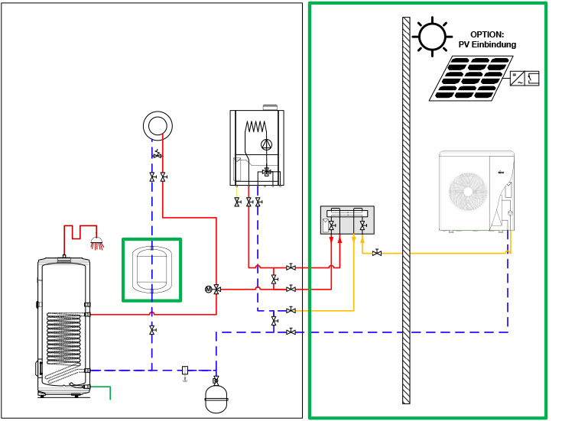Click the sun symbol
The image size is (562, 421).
(431, 35)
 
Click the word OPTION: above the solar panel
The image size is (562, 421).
(487, 34)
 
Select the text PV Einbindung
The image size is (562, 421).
(487, 44)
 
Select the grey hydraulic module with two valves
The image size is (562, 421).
(347, 220)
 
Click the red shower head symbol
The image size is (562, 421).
(97, 244)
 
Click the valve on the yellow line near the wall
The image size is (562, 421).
(377, 252)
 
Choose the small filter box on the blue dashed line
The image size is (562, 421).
(185, 370)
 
